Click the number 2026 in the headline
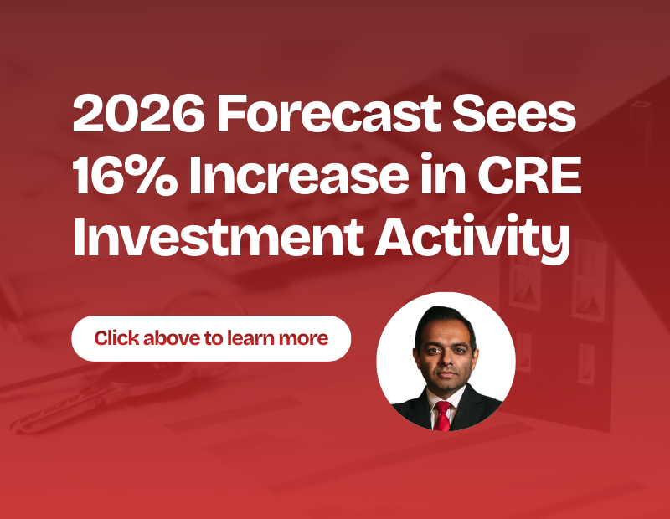[137, 116]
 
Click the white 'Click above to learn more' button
[210, 338]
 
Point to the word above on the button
[172, 338]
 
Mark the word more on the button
[306, 338]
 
